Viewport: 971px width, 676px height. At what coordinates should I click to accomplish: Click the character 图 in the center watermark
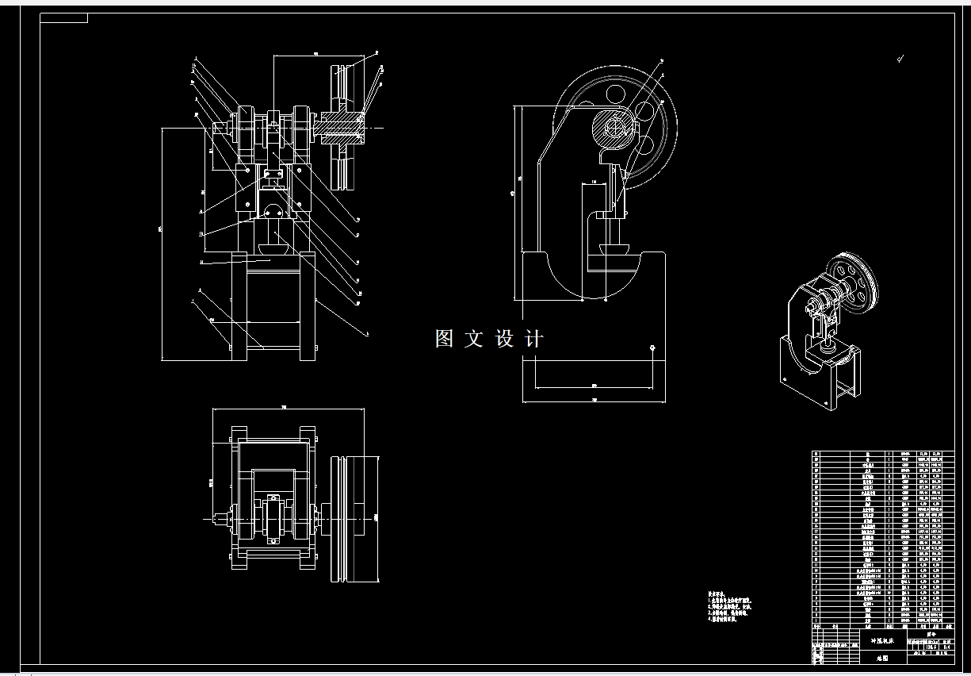[444, 339]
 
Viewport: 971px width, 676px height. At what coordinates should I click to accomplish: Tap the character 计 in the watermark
[535, 339]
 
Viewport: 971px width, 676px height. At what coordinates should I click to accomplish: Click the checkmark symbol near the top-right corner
[900, 57]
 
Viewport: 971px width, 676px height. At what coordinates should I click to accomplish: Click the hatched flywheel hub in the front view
[342, 128]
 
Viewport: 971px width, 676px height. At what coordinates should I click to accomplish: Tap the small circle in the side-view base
[652, 347]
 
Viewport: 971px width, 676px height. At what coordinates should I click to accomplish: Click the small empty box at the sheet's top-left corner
[64, 18]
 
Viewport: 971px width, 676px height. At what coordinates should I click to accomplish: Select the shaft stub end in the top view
[218, 519]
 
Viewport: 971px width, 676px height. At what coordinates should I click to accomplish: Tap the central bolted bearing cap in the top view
[274, 519]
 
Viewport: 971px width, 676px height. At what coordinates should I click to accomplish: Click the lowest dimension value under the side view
[594, 400]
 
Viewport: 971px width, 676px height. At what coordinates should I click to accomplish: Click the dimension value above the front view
[315, 53]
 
